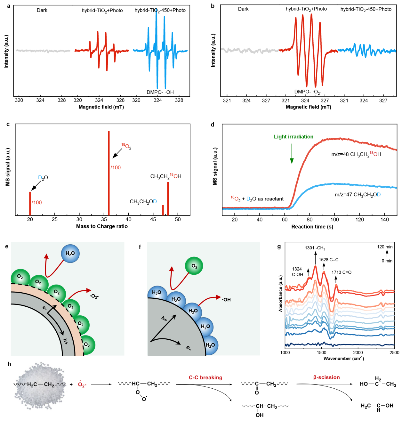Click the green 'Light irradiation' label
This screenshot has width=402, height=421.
[293, 137]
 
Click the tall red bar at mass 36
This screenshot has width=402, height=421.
[109, 173]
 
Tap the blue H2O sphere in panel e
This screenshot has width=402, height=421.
[70, 254]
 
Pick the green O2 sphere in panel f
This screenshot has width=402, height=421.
[194, 266]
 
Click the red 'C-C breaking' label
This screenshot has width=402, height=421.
[205, 377]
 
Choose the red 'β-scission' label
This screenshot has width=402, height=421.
[326, 377]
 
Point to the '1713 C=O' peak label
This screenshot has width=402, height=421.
[341, 272]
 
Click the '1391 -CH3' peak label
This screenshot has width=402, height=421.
[315, 248]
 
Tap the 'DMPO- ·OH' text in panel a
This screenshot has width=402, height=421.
[160, 92]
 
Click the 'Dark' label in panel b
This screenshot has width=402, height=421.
[243, 9]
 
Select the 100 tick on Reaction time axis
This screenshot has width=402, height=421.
[335, 220]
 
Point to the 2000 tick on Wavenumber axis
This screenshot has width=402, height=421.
[358, 352]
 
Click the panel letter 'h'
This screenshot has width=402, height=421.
[9, 364]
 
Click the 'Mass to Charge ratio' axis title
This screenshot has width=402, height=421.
[102, 226]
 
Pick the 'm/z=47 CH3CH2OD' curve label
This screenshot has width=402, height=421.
[358, 195]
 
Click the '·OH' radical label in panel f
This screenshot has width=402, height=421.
[227, 300]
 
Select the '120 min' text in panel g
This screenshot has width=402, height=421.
[385, 247]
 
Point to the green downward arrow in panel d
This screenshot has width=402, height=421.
[292, 154]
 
